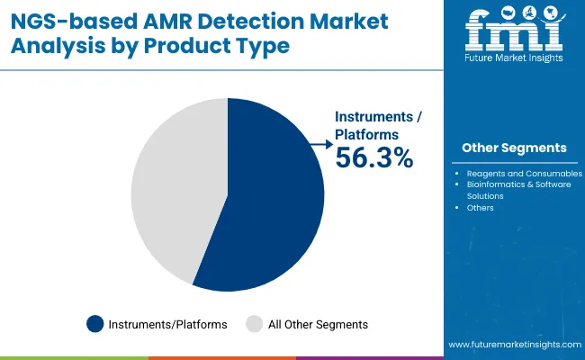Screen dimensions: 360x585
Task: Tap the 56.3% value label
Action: (374, 158)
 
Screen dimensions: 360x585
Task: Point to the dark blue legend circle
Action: (95, 324)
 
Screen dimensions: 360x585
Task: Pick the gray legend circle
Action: (255, 324)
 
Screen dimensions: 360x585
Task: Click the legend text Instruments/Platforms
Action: (168, 324)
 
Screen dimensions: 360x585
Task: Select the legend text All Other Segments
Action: (319, 324)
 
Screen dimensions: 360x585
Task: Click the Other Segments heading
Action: (514, 148)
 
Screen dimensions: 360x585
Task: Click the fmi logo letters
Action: (513, 33)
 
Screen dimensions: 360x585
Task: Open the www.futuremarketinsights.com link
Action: (512, 345)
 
